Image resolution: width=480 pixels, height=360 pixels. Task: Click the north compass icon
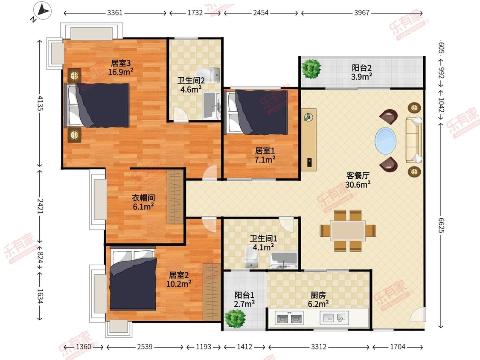[42, 11]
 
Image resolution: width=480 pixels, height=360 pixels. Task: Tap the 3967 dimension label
[362, 13]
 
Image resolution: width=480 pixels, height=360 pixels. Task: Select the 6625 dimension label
[441, 226]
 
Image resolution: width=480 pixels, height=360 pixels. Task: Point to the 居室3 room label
[121, 64]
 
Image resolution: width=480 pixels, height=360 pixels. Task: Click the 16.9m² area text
[121, 72]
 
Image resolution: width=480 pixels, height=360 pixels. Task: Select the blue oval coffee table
[386, 141]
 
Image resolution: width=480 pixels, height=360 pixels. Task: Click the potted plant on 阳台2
[311, 68]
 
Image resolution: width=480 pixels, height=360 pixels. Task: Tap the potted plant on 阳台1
[235, 318]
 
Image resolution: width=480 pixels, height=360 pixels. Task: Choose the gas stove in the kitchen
[289, 318]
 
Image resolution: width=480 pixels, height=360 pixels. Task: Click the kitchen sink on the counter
[334, 318]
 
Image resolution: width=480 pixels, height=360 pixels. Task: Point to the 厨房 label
[318, 295]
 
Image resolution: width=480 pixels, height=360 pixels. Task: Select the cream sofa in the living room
[414, 140]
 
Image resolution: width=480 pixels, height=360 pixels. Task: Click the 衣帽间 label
[143, 198]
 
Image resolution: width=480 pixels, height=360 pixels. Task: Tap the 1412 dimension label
[244, 347]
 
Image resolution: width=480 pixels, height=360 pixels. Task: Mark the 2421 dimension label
[40, 206]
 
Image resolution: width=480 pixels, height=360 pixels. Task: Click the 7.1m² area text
[265, 160]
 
